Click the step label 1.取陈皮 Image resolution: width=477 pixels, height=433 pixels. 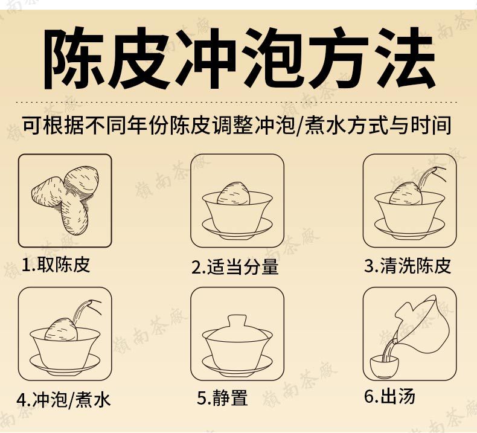pyautogui.click(x=56, y=265)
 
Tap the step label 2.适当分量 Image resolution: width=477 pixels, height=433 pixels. pyautogui.click(x=235, y=267)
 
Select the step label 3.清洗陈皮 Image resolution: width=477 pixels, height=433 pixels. pyautogui.click(x=408, y=266)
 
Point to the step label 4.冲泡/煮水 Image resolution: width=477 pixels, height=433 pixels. pyautogui.click(x=63, y=399)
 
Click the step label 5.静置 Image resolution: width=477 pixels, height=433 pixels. pyautogui.click(x=222, y=397)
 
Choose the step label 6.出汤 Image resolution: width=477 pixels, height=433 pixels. pyautogui.click(x=389, y=396)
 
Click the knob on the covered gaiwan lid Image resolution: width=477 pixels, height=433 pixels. pyautogui.click(x=237, y=321)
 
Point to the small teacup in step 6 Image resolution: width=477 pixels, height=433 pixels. pyautogui.click(x=384, y=367)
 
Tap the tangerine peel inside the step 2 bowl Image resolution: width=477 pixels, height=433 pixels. pyautogui.click(x=234, y=193)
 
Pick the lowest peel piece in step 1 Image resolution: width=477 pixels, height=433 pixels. pyautogui.click(x=75, y=217)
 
